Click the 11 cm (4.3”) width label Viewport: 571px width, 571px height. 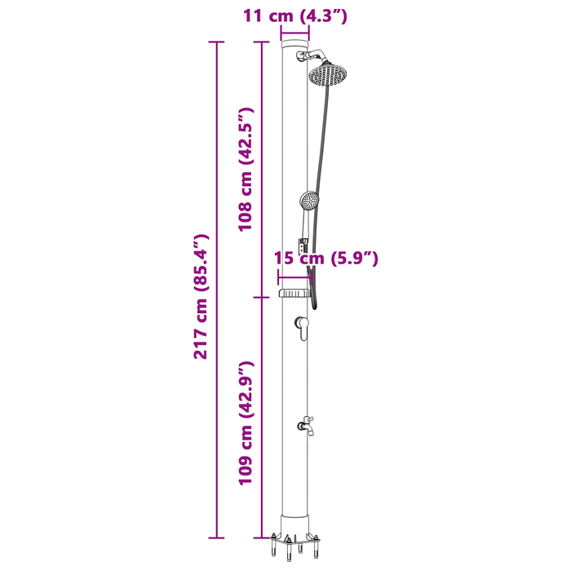[295, 16]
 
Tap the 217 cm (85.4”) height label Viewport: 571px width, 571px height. [201, 297]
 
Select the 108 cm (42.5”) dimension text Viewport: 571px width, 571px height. [246, 170]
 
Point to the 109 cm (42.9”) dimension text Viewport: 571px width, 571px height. [246, 423]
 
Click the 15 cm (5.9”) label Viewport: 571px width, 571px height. [326, 259]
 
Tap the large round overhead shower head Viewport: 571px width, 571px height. [328, 75]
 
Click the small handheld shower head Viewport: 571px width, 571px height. [309, 201]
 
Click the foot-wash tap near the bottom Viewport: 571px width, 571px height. [306, 426]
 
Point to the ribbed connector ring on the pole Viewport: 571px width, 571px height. [294, 293]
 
